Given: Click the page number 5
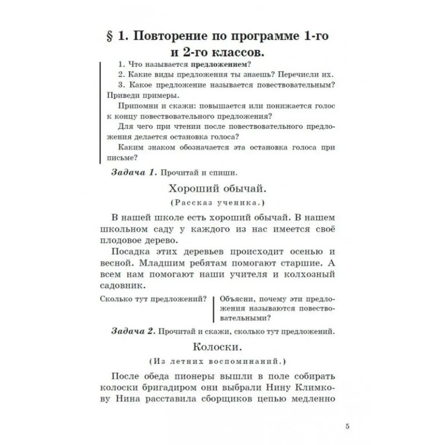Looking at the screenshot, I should (x=347, y=427).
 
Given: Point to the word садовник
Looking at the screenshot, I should (x=125, y=285).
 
